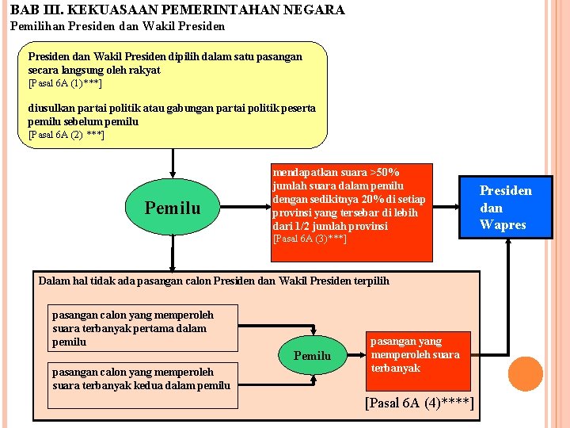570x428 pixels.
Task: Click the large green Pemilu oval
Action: tap(173, 208)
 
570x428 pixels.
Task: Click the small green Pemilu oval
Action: tap(312, 356)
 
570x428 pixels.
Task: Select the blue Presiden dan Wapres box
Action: tap(506, 208)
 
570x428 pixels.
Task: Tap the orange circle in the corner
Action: tap(525, 374)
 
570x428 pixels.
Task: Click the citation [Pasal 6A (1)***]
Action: tap(65, 83)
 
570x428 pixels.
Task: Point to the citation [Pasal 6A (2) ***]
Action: tap(66, 135)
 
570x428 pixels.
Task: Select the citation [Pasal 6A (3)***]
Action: tap(310, 239)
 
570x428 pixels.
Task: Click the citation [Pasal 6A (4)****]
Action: tap(420, 403)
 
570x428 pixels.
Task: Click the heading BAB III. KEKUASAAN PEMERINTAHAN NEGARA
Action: tap(177, 10)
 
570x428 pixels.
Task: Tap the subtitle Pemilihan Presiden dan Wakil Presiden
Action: tap(117, 26)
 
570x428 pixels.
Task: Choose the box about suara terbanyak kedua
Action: tap(141, 378)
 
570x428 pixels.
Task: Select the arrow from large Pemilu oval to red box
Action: tap(245, 209)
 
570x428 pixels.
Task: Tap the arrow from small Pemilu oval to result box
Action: tap(354, 356)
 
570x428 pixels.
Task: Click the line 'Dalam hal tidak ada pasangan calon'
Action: tap(214, 281)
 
